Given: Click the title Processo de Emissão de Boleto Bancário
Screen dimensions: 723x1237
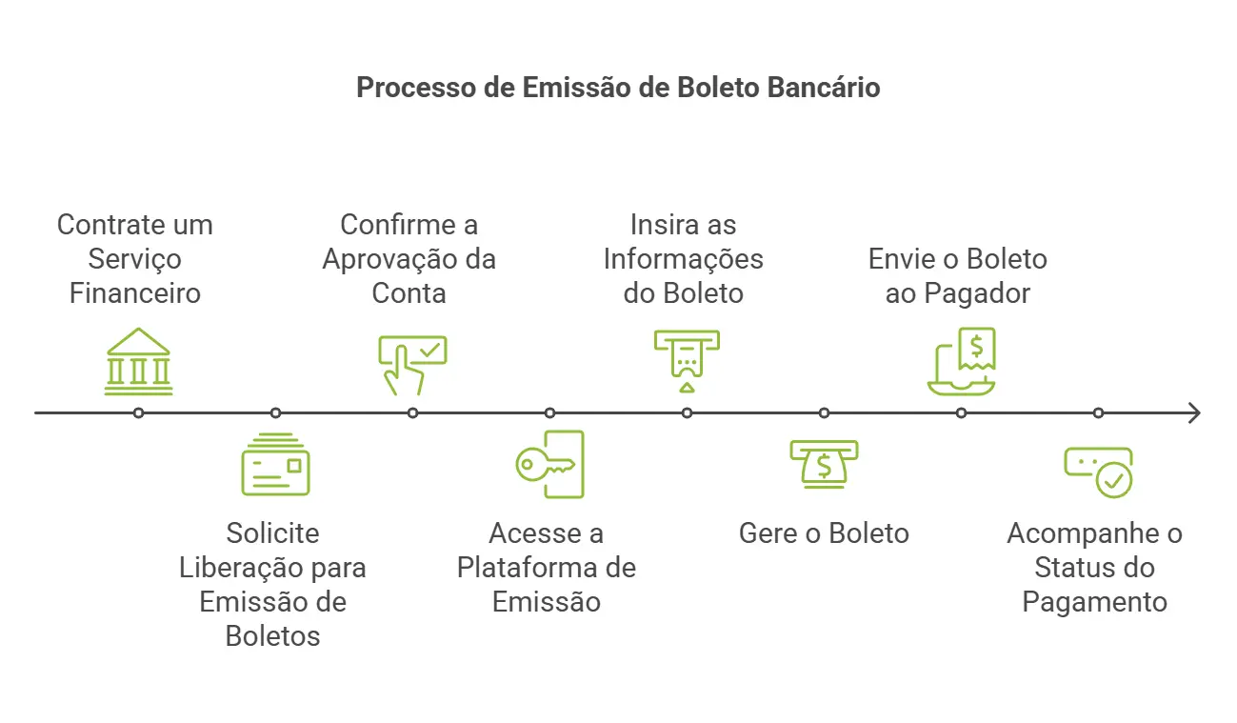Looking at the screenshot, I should coord(618,88).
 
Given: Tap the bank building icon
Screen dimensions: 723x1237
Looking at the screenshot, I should coord(139,362).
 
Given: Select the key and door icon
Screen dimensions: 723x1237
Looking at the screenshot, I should coord(550,464).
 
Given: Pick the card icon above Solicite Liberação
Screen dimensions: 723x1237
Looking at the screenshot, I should coord(275,466).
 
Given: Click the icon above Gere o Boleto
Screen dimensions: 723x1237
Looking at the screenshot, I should coord(824,464).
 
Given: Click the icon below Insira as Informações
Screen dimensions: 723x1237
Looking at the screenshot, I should coord(687,361).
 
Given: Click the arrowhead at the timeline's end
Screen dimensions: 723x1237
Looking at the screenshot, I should coord(1193,413).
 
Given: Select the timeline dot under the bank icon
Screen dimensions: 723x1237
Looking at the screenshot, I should coord(139,413).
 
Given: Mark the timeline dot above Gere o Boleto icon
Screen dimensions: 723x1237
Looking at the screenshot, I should coord(824,413).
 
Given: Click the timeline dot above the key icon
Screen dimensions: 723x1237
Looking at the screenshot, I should coord(549,413).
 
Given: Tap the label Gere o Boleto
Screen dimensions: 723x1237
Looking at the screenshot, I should coord(824,533).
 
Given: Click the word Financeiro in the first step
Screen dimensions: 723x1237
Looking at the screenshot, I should coord(135,293).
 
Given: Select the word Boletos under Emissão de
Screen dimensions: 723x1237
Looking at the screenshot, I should coord(272,636).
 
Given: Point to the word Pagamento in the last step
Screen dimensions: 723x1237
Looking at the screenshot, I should coord(1094,602).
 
